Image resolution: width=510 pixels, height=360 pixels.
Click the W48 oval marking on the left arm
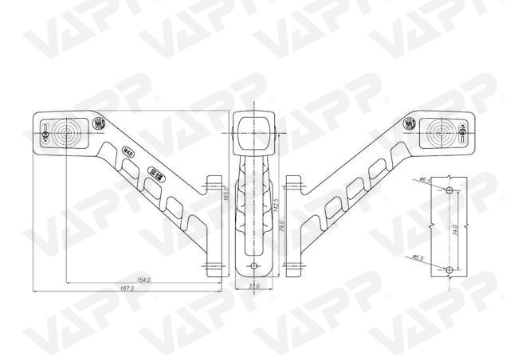[127, 149]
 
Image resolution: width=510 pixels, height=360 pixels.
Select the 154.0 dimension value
[144, 280]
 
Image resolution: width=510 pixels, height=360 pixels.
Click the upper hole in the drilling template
[449, 191]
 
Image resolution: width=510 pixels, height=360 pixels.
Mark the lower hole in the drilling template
[449, 268]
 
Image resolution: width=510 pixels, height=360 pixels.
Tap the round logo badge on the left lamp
[100, 123]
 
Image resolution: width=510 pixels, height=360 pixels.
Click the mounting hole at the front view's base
[253, 265]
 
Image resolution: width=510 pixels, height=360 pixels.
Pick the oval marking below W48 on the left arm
[157, 173]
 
